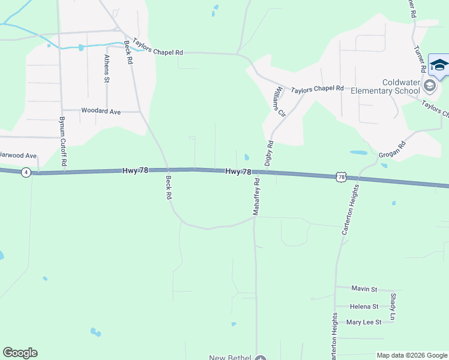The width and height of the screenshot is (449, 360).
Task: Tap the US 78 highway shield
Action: point(341,176)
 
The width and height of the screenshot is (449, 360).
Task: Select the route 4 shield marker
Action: point(25,172)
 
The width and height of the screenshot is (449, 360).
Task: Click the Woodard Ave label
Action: point(101,111)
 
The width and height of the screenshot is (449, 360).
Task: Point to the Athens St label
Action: point(107,68)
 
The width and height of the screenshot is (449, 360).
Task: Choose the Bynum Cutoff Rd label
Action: point(62,142)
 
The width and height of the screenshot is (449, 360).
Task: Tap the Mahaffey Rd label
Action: point(256,196)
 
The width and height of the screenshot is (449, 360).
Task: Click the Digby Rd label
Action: point(270,153)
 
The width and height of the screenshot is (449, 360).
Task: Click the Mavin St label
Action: point(364,289)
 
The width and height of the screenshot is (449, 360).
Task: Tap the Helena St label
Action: point(364,307)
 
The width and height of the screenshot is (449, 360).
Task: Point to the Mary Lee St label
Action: point(364,322)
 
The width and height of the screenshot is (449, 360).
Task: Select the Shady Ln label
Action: point(393,307)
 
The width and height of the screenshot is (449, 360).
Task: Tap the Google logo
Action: point(20,353)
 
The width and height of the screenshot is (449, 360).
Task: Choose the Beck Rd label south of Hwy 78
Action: point(169,187)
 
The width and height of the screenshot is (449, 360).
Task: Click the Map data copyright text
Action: point(412,355)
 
